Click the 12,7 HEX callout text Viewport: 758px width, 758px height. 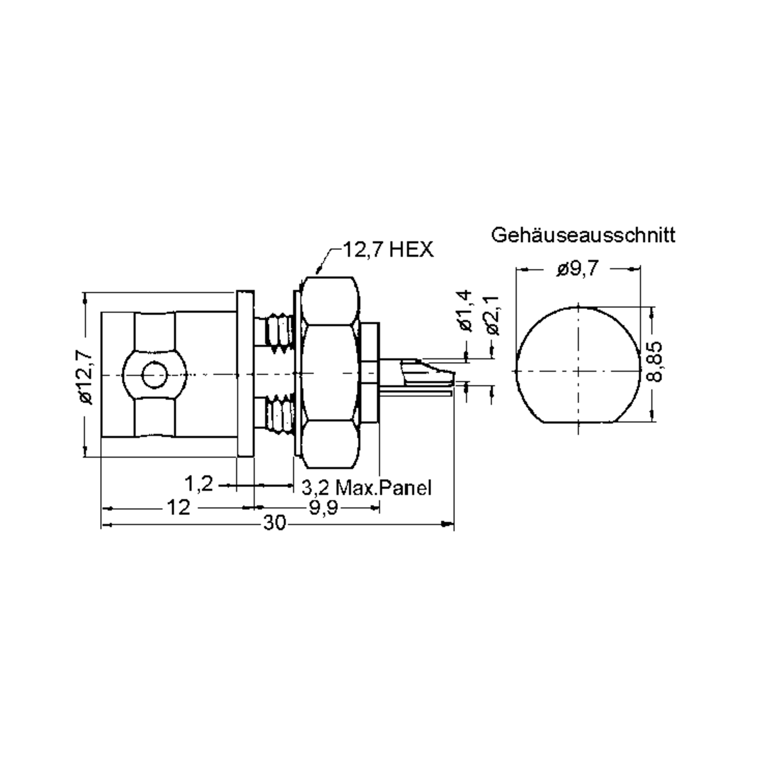[388, 250]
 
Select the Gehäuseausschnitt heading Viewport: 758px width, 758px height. [583, 235]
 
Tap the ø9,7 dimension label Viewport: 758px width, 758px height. [578, 269]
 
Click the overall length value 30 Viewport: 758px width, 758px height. [275, 523]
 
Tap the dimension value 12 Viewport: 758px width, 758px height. [178, 507]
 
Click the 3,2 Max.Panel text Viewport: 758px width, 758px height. [366, 488]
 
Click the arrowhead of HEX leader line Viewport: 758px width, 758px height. [318, 271]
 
